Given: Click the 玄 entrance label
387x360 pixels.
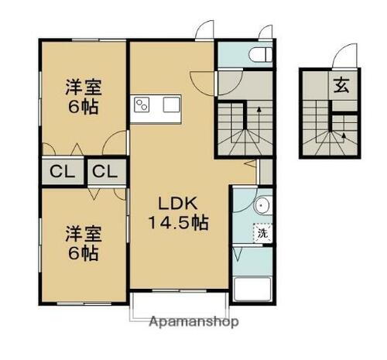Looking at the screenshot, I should click(x=341, y=84).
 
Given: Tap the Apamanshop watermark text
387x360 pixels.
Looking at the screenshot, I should click(x=194, y=321).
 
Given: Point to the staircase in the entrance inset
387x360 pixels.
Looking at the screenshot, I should click(x=329, y=132).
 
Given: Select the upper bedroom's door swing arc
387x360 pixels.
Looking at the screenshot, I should click(x=116, y=143).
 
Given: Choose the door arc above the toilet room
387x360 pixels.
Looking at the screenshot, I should click(x=265, y=31).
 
